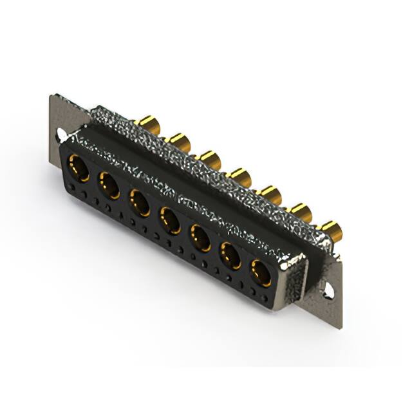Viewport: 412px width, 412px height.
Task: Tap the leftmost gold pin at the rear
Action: [x=149, y=123]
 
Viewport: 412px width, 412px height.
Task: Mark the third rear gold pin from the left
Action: [x=209, y=157]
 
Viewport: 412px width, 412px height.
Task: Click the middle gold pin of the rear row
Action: [x=240, y=175]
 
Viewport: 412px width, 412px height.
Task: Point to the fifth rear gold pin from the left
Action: [x=270, y=193]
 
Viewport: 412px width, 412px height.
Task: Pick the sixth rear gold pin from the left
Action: [x=301, y=211]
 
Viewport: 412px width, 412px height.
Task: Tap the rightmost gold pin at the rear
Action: [x=330, y=229]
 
